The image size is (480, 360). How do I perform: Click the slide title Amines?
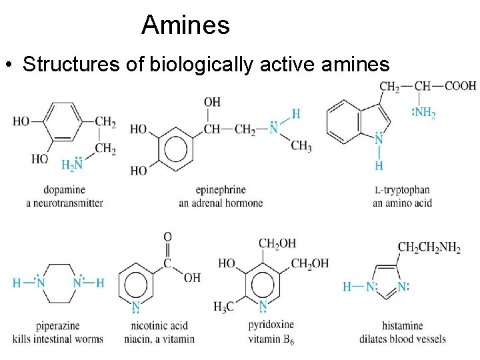click(185, 26)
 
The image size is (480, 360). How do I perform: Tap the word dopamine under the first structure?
click(65, 190)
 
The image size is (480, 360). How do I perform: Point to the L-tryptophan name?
click(402, 190)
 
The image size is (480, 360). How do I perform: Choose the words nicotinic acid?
click(160, 326)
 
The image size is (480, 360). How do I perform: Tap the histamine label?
click(403, 326)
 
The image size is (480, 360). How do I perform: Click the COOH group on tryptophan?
click(461, 86)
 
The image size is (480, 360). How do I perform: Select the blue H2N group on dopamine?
click(72, 165)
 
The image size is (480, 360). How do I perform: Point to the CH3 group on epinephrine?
click(301, 146)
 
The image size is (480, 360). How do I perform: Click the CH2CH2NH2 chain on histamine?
click(429, 248)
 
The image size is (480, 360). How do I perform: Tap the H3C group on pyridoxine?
click(225, 306)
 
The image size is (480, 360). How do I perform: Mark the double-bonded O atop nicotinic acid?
click(167, 237)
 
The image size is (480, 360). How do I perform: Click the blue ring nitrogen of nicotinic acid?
click(136, 307)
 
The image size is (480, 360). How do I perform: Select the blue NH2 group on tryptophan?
click(424, 113)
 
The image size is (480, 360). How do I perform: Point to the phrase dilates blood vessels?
click(402, 339)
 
